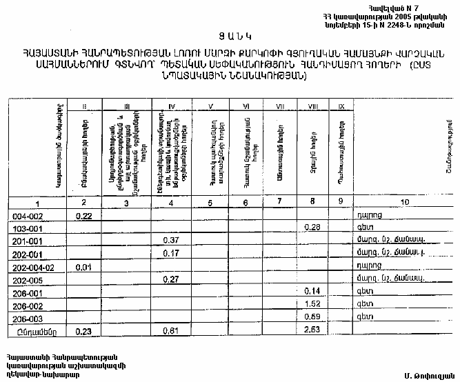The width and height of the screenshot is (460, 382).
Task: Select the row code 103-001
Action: [x=27, y=228]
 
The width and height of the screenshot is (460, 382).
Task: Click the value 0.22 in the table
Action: [x=84, y=216]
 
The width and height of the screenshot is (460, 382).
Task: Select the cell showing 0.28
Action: [x=314, y=228]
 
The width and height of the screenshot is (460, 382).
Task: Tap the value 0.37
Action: [x=172, y=240]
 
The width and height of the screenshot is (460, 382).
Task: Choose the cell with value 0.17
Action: [x=172, y=253]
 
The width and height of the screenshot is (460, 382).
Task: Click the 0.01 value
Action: [x=84, y=266]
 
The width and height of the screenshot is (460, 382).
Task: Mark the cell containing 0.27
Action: [x=172, y=279]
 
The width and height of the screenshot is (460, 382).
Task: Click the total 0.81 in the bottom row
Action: [x=172, y=330]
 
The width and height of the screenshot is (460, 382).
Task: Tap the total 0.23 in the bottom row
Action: [x=84, y=330]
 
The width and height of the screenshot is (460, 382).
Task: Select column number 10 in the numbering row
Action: [x=404, y=202]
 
